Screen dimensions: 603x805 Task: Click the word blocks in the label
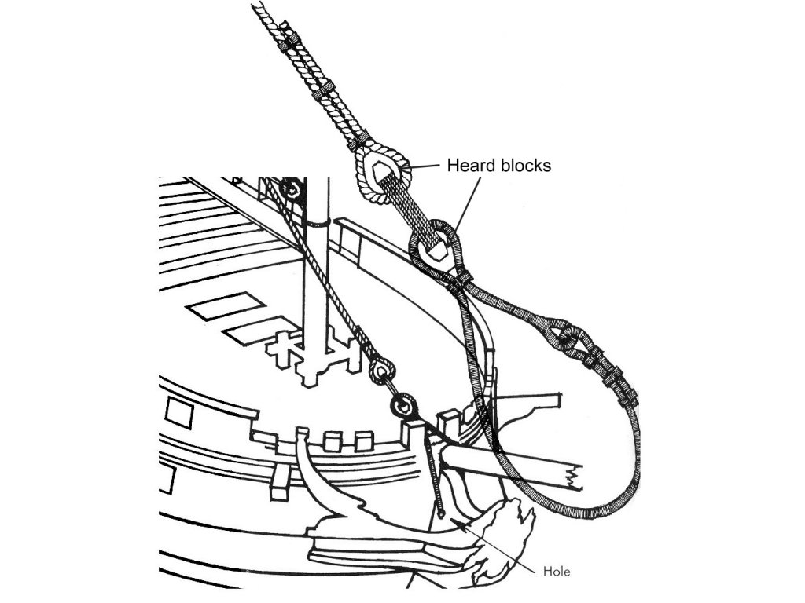(525, 166)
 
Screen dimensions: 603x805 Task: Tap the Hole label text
(557, 571)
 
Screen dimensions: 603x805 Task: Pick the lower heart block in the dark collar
(436, 246)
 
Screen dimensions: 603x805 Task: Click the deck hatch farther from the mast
(226, 305)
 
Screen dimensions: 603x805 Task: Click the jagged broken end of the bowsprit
(572, 476)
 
